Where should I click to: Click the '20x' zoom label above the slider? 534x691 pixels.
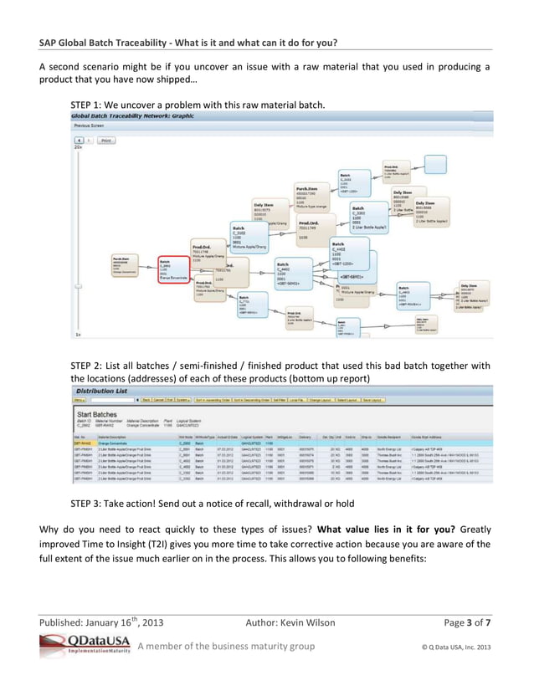point(79,148)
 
